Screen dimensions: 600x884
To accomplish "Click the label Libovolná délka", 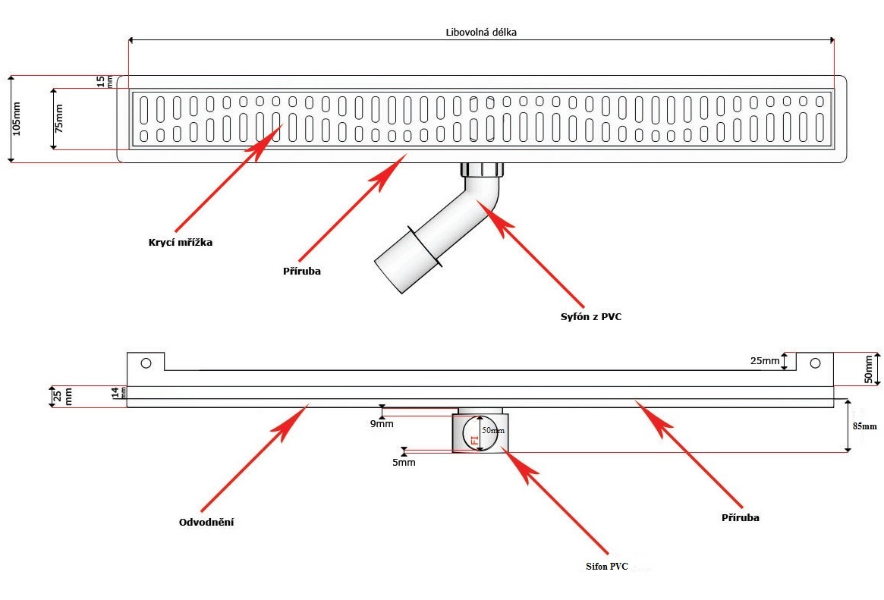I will click(x=481, y=33).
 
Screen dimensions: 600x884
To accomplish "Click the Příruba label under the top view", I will click(x=301, y=271).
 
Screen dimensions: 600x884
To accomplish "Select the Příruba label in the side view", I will click(x=741, y=517).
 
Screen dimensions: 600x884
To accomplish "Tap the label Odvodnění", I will click(x=206, y=523).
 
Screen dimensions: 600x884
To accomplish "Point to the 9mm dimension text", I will click(x=382, y=423).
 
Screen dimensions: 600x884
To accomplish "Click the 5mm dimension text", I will click(x=404, y=461).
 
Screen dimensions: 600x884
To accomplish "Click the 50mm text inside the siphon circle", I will click(x=493, y=430).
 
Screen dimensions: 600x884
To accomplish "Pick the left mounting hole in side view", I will click(x=146, y=363).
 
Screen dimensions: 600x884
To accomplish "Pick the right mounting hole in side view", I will click(x=815, y=363).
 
